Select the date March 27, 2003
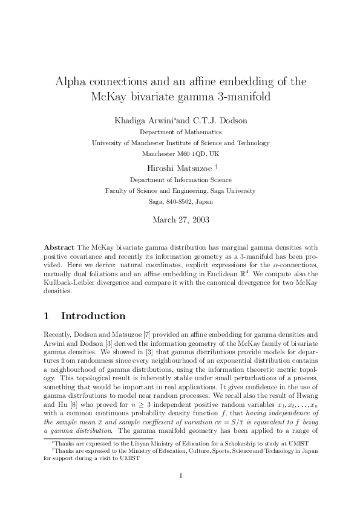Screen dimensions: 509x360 click(180, 219)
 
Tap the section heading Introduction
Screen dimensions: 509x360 click(93, 316)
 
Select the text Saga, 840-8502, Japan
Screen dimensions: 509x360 click(180, 201)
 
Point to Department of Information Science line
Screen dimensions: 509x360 click(180, 180)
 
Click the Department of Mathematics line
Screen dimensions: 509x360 click(180, 132)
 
